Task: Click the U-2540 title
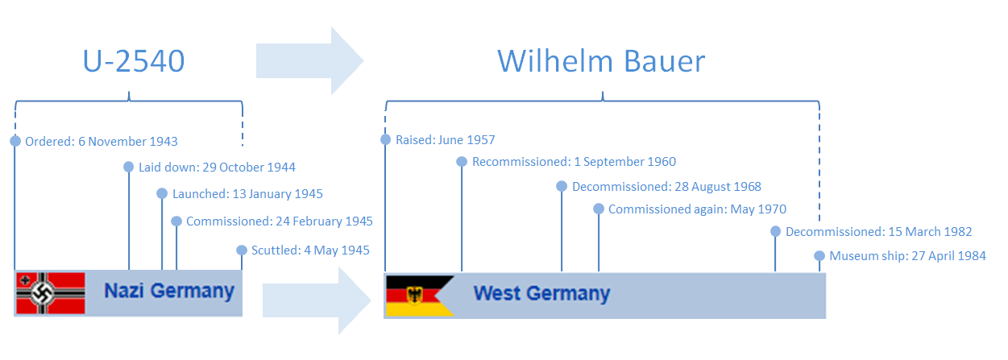[x=134, y=61]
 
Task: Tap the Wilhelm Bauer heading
[x=601, y=61]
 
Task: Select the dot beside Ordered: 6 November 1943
[x=15, y=141]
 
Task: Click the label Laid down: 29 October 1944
[x=217, y=168]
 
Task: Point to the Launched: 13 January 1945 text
[x=247, y=194]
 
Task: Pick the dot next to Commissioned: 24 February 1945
[x=176, y=221]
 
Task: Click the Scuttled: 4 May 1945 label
[x=310, y=250]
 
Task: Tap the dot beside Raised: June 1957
[x=386, y=139]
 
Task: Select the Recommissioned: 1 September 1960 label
[x=575, y=162]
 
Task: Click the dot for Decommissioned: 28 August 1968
[x=562, y=186]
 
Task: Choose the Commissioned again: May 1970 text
[x=698, y=209]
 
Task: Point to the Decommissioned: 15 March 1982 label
[x=879, y=232]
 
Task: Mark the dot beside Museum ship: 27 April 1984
[x=819, y=256]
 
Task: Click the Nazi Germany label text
[x=169, y=292]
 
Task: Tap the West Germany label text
[x=541, y=293]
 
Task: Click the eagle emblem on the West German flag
[x=414, y=296]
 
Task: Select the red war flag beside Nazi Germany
[x=51, y=293]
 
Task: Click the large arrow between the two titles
[x=309, y=60]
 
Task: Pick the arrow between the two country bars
[x=317, y=300]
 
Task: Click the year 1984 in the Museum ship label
[x=971, y=256]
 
